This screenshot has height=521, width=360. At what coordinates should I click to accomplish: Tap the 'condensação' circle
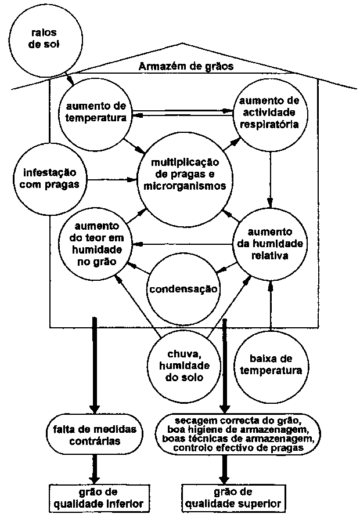pyautogui.click(x=183, y=288)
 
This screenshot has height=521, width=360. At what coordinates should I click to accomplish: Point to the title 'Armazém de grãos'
pyautogui.click(x=186, y=66)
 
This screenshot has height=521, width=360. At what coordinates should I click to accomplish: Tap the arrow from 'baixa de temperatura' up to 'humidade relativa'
pyautogui.click(x=271, y=307)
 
